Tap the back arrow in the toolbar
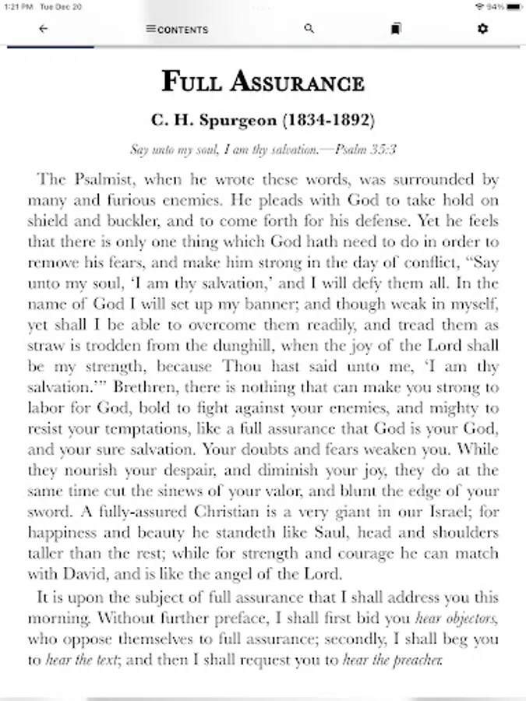(43, 29)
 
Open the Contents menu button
(177, 30)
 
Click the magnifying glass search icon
(309, 29)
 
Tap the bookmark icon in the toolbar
(396, 29)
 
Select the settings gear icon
(482, 29)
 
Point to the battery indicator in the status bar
(513, 7)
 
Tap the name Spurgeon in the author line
(236, 121)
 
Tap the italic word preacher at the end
(418, 661)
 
